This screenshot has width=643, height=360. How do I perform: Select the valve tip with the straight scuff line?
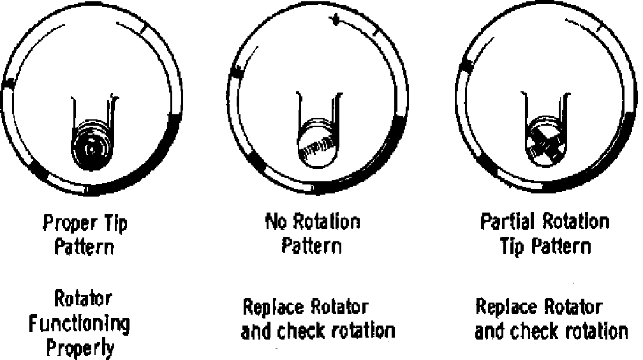[316, 147]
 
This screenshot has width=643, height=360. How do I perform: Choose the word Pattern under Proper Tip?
[84, 246]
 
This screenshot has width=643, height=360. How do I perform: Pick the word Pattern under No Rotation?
[312, 246]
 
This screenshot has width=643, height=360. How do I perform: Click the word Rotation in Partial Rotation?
[577, 222]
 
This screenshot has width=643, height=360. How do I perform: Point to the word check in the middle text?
[306, 331]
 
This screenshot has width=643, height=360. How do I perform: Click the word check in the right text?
[539, 331]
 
